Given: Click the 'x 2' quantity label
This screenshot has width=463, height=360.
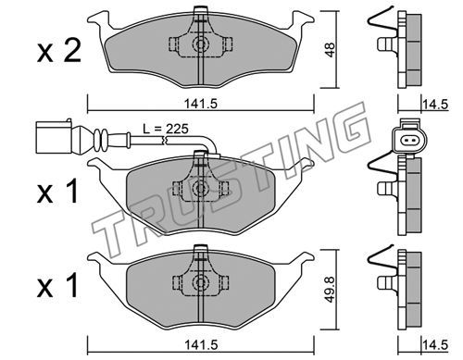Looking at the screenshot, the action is click(59, 51).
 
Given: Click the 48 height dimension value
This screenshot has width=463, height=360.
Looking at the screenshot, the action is click(330, 49).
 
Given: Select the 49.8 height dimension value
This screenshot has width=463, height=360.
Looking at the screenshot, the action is click(330, 289).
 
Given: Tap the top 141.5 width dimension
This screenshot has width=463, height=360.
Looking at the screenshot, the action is click(201, 104).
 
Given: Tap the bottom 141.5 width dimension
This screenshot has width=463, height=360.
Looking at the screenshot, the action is click(201, 344).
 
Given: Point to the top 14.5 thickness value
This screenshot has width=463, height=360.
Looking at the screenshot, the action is click(435, 105).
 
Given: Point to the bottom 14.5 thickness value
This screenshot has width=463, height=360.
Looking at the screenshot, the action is click(435, 345).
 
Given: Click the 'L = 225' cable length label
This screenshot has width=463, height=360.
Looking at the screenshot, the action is click(166, 129).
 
